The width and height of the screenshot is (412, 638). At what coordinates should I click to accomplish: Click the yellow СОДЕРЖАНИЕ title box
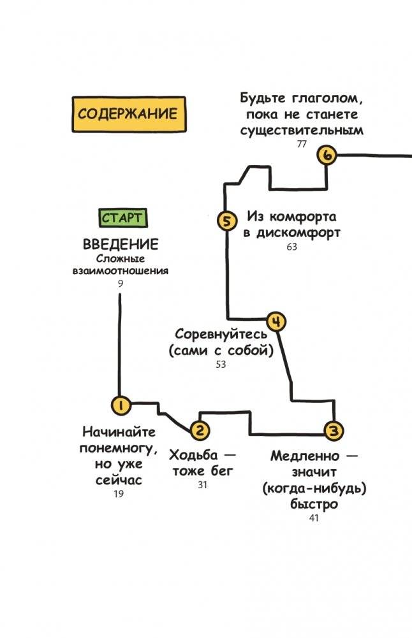129,114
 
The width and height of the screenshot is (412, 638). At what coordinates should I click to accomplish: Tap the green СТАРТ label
123,218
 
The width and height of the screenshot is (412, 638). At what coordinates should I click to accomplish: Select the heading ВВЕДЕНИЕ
121,244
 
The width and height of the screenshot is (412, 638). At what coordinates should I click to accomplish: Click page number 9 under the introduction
121,283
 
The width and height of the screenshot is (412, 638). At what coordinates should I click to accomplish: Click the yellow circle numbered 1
121,405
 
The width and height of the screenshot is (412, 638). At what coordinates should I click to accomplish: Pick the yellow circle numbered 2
200,430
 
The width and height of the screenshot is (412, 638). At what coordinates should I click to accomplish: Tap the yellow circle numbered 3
334,430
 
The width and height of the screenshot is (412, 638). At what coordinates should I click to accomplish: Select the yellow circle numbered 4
276,322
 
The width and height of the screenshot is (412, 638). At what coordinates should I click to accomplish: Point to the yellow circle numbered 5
226,221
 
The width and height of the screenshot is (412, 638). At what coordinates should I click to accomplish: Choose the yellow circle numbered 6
327,155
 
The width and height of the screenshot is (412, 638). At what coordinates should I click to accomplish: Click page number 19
119,494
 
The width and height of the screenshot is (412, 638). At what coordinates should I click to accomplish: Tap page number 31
202,485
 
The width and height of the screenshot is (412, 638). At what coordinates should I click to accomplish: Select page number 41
314,518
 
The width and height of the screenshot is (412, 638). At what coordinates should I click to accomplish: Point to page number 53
221,365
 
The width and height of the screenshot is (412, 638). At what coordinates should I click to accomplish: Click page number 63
292,247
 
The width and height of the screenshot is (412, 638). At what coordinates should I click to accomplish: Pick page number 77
302,145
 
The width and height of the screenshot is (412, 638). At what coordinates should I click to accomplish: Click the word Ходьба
193,455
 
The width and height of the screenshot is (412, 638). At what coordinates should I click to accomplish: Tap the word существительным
302,131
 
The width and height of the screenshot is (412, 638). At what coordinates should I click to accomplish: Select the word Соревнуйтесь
221,335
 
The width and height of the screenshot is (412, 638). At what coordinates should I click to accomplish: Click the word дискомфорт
298,233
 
